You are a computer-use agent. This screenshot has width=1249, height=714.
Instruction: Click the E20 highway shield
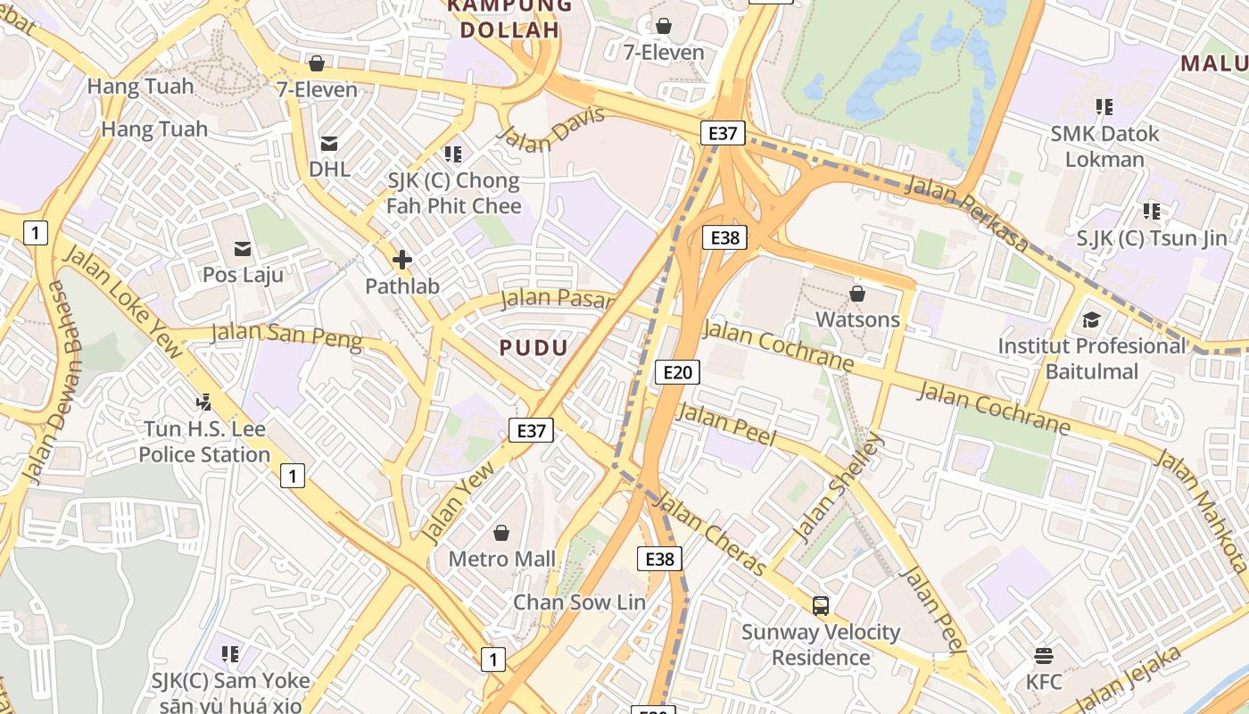pos(676,372)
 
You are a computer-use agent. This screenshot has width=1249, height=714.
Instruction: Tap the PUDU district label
pos(534,348)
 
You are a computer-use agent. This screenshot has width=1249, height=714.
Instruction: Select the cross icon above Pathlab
pos(401,260)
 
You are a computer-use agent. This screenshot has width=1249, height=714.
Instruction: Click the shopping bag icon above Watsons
pos(857,293)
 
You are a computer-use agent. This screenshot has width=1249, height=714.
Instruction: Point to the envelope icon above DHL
pos(329,143)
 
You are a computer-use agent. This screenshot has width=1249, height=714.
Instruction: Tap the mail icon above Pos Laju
pos(243,248)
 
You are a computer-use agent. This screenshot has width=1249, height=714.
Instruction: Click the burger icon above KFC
pos(1044,656)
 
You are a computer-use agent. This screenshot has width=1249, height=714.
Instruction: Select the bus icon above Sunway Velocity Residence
pos(821,606)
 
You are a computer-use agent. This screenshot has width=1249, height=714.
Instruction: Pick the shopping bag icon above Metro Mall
pos(501,533)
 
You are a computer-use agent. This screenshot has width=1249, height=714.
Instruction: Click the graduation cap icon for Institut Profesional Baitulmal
pos(1091,320)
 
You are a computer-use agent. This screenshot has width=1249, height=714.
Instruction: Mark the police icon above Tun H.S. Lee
pos(204,403)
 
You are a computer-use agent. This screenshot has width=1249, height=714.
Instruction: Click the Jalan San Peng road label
pos(286,336)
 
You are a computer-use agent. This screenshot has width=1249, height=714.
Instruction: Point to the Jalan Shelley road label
pos(838,487)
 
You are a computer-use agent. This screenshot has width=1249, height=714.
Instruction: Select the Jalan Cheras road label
pos(713,536)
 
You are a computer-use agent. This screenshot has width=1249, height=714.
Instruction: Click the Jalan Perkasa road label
pos(967,213)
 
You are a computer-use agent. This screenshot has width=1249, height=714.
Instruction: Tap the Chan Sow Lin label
pos(578,602)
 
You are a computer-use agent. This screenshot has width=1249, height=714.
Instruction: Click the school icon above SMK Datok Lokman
pos(1104,107)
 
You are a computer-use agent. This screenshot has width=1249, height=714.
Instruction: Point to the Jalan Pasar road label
pos(558,299)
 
